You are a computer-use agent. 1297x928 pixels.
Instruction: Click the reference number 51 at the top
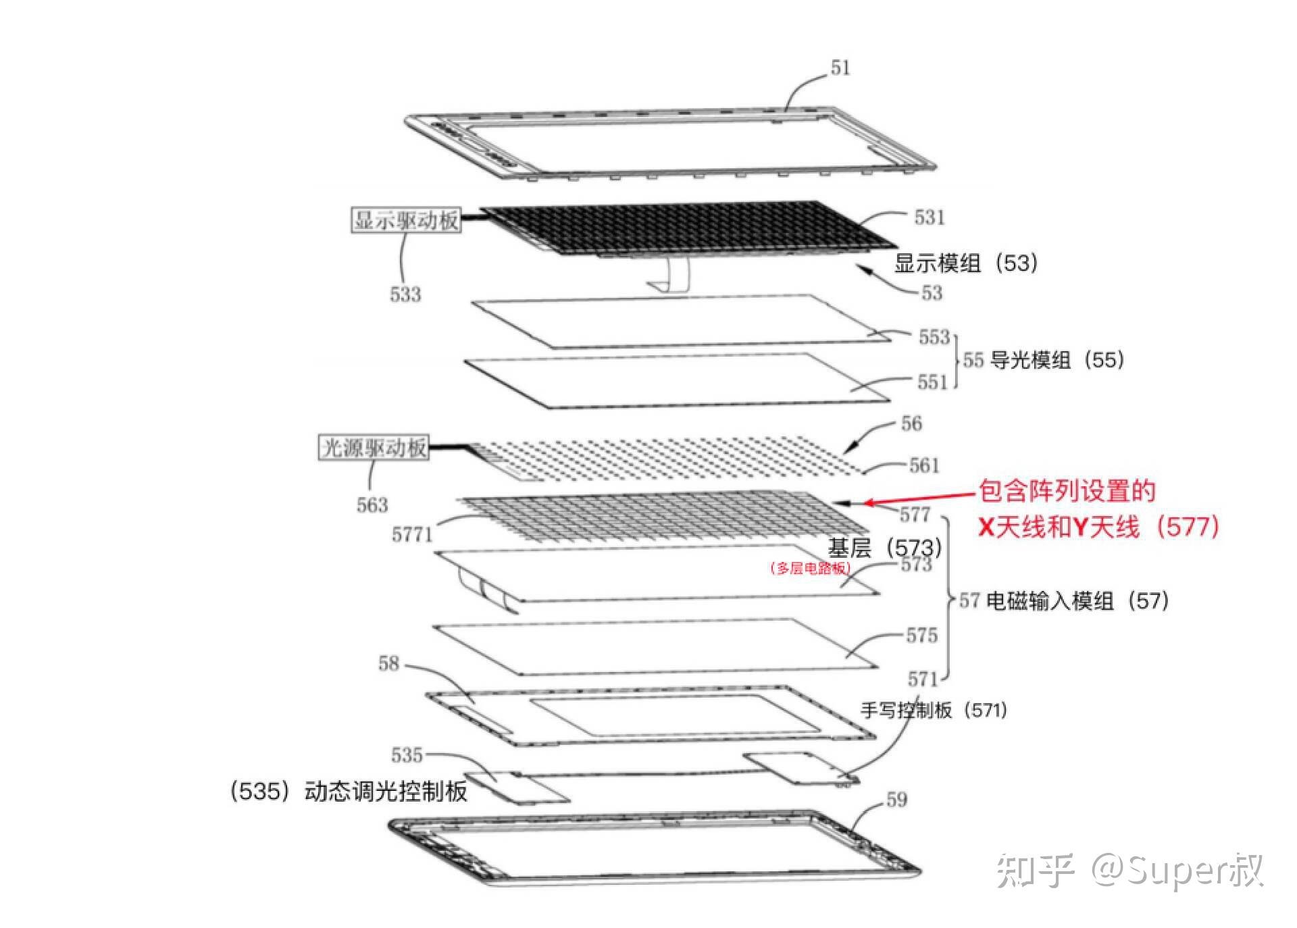tap(840, 68)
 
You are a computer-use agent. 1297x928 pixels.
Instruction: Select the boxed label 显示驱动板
tap(406, 220)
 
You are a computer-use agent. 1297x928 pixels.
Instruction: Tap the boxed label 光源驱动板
tap(373, 448)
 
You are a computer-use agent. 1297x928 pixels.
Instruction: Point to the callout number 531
tap(929, 217)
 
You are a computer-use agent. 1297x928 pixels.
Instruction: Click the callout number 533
tap(405, 294)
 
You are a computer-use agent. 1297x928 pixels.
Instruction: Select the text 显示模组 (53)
tap(965, 263)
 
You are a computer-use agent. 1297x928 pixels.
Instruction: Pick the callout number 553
tap(934, 336)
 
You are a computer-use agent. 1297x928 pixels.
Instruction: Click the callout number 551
tap(932, 382)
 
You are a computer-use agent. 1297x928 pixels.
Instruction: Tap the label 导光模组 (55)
tap(1057, 359)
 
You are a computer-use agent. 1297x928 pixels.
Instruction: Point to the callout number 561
tap(923, 465)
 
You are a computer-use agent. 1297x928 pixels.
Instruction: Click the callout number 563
tap(372, 505)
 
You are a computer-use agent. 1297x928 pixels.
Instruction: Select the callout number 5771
tap(411, 535)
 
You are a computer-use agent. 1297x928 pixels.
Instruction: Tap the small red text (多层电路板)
tap(809, 568)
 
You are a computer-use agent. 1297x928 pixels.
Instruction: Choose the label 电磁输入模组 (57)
tap(1077, 600)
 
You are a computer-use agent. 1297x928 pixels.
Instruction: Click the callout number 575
tap(921, 635)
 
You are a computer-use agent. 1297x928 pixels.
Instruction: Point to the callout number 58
tap(388, 663)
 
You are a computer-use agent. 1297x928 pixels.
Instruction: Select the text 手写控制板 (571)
tap(933, 710)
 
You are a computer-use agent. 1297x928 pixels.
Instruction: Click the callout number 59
tap(896, 800)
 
